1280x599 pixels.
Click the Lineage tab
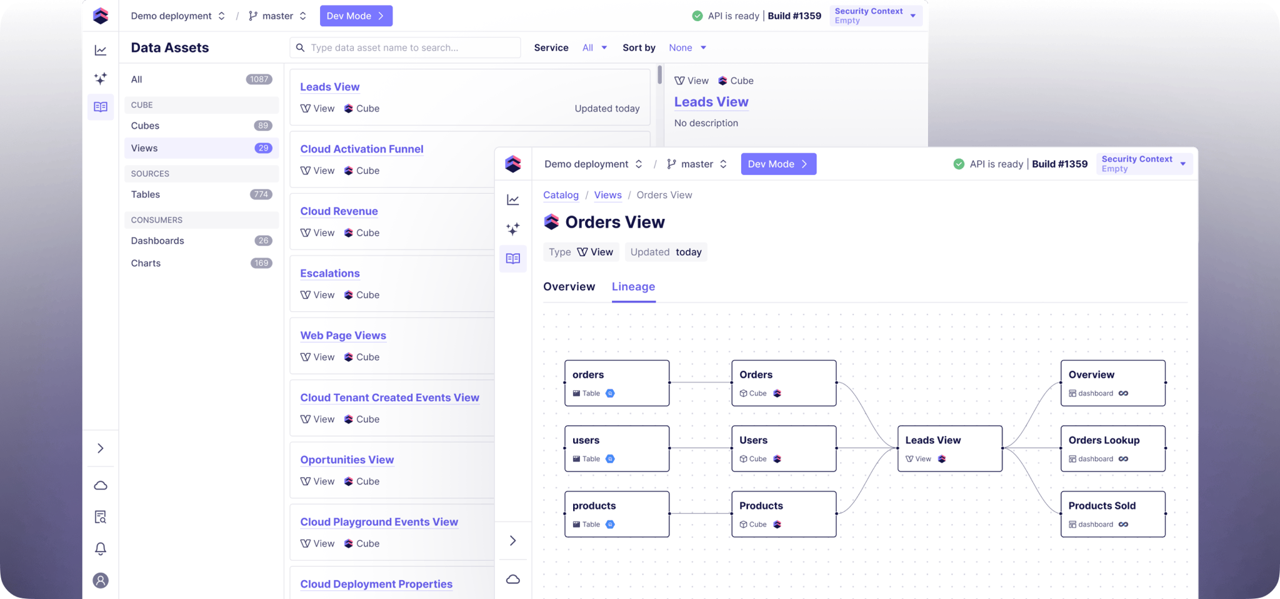[x=633, y=286]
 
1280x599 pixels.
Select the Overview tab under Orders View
[x=569, y=286]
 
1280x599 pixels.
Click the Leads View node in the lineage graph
[x=950, y=448]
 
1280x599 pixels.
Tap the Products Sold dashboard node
[x=1112, y=514]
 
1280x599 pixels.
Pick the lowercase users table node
[x=617, y=448]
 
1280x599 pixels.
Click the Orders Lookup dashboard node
[x=1112, y=448]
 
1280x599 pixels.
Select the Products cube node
[x=784, y=514]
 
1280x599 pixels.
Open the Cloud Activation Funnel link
[x=361, y=149]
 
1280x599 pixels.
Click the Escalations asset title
[x=330, y=273]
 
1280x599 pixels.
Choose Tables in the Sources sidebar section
[x=146, y=194]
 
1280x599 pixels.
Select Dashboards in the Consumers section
[x=157, y=241]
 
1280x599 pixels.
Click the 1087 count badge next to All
[x=259, y=79]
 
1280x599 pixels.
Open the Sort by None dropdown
[x=687, y=48]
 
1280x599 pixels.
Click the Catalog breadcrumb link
[x=561, y=195]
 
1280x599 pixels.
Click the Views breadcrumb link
[x=607, y=195]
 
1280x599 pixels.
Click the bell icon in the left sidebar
[x=101, y=548]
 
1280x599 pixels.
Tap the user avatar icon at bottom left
[x=101, y=580]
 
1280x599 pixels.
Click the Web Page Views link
[x=343, y=335]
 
